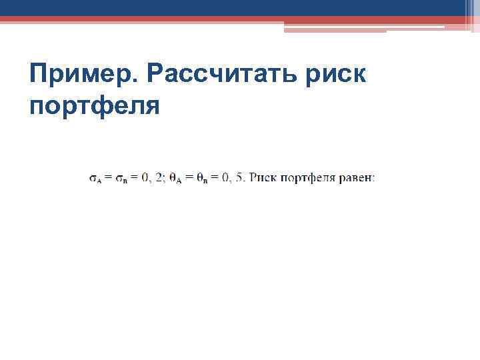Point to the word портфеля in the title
coord(95,105)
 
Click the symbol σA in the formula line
coord(95,178)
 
